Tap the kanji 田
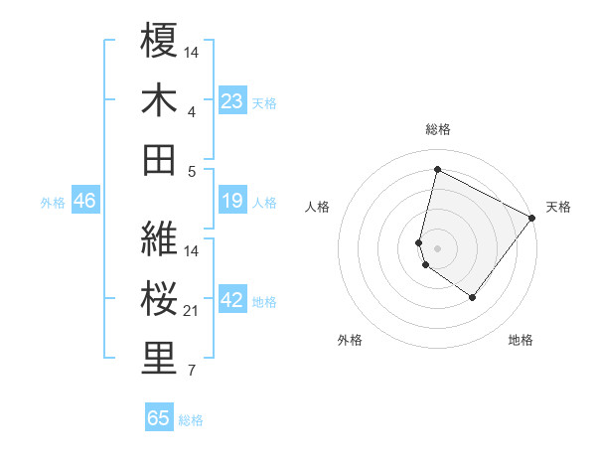159,159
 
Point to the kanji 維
159,239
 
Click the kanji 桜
159,300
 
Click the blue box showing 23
232,101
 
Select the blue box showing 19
232,202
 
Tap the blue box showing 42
232,301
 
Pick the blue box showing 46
84,202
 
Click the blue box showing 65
159,418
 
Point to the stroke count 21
193,311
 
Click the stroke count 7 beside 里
192,372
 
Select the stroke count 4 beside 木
192,111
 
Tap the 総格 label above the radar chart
438,129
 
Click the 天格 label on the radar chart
558,207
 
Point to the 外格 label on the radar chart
350,340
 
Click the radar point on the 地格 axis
473,297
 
